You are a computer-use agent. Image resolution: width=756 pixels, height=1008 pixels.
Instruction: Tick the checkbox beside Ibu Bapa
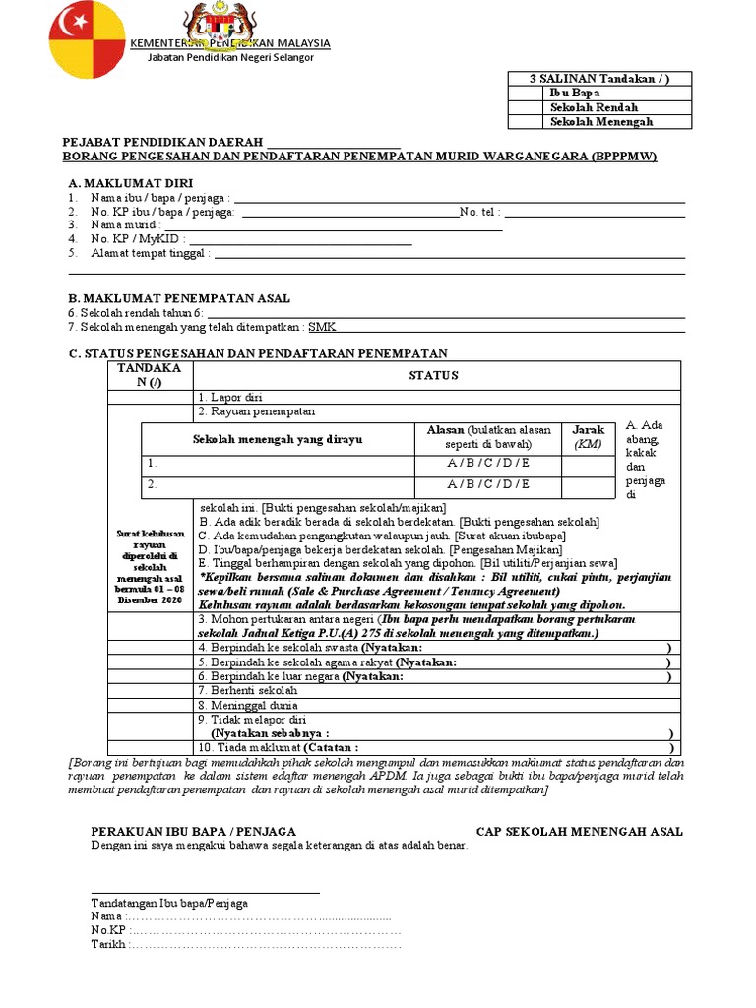pos(526,94)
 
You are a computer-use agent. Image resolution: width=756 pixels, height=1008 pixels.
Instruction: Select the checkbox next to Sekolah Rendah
pos(526,107)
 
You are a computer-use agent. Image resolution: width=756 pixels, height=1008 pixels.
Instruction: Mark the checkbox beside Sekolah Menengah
pos(526,122)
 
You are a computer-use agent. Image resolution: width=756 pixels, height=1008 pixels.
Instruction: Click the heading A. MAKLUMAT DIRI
pos(130,184)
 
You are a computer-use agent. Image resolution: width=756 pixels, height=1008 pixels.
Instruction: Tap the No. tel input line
pos(595,212)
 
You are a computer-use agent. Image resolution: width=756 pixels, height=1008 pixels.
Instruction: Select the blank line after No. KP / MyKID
pos(299,239)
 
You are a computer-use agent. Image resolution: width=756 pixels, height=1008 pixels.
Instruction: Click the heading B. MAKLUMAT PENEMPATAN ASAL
pos(178,298)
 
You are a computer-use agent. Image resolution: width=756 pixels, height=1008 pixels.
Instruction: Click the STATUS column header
pos(433,375)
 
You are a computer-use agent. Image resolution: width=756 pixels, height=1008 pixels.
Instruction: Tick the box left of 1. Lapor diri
pos(151,398)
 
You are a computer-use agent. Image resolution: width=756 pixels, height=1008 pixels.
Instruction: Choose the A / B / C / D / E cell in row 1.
pos(488,463)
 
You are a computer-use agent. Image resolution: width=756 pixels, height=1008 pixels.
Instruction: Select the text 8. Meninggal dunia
pos(247,705)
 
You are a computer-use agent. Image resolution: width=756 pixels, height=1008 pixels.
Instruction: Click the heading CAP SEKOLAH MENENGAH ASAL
pos(579,832)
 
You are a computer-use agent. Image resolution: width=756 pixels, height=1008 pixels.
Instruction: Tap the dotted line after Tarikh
pos(266,944)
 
